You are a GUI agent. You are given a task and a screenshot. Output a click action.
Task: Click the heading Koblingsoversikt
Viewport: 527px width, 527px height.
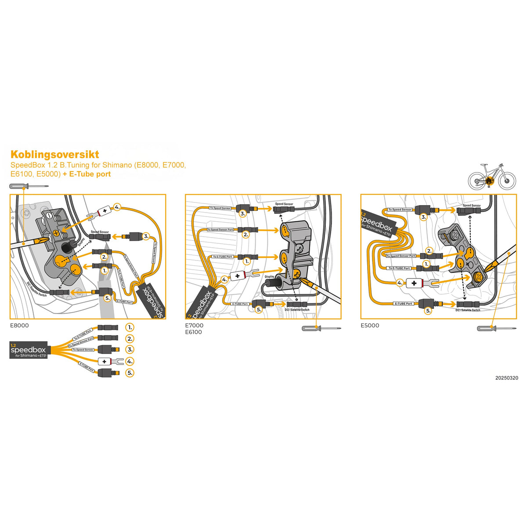pos(55,155)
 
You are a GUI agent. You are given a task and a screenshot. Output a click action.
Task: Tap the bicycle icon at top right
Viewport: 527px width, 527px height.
pos(491,177)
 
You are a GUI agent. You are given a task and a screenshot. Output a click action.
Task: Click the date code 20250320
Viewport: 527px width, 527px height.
pos(506,378)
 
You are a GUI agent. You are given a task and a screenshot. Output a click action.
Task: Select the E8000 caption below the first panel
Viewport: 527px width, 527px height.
pos(19,325)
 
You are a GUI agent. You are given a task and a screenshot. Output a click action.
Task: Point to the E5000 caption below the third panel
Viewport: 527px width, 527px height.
pos(370,325)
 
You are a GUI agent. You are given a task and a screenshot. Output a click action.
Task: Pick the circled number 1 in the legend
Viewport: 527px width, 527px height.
pos(130,328)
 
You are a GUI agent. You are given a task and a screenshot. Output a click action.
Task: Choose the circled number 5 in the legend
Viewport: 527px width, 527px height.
pos(130,373)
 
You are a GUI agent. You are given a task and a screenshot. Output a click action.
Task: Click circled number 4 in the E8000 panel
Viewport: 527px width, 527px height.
pos(117,207)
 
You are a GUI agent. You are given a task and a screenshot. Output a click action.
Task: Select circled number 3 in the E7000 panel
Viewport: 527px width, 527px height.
pos(242,213)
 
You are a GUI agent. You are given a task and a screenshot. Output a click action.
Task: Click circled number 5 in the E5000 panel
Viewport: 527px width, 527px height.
pos(428,310)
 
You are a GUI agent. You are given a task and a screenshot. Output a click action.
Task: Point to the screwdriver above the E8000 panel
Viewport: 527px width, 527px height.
pos(29,186)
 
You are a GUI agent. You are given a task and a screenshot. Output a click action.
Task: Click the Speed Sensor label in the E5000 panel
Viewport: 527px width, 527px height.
pos(472,205)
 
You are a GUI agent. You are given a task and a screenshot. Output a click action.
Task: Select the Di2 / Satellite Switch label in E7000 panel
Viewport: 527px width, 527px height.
pos(297,310)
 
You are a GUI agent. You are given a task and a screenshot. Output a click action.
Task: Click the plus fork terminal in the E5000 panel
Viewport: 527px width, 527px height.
pos(419,283)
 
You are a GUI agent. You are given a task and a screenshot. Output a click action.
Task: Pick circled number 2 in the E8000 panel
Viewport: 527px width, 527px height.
pos(104,257)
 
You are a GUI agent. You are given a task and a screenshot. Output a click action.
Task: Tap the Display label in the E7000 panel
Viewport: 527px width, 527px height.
pos(270,277)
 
